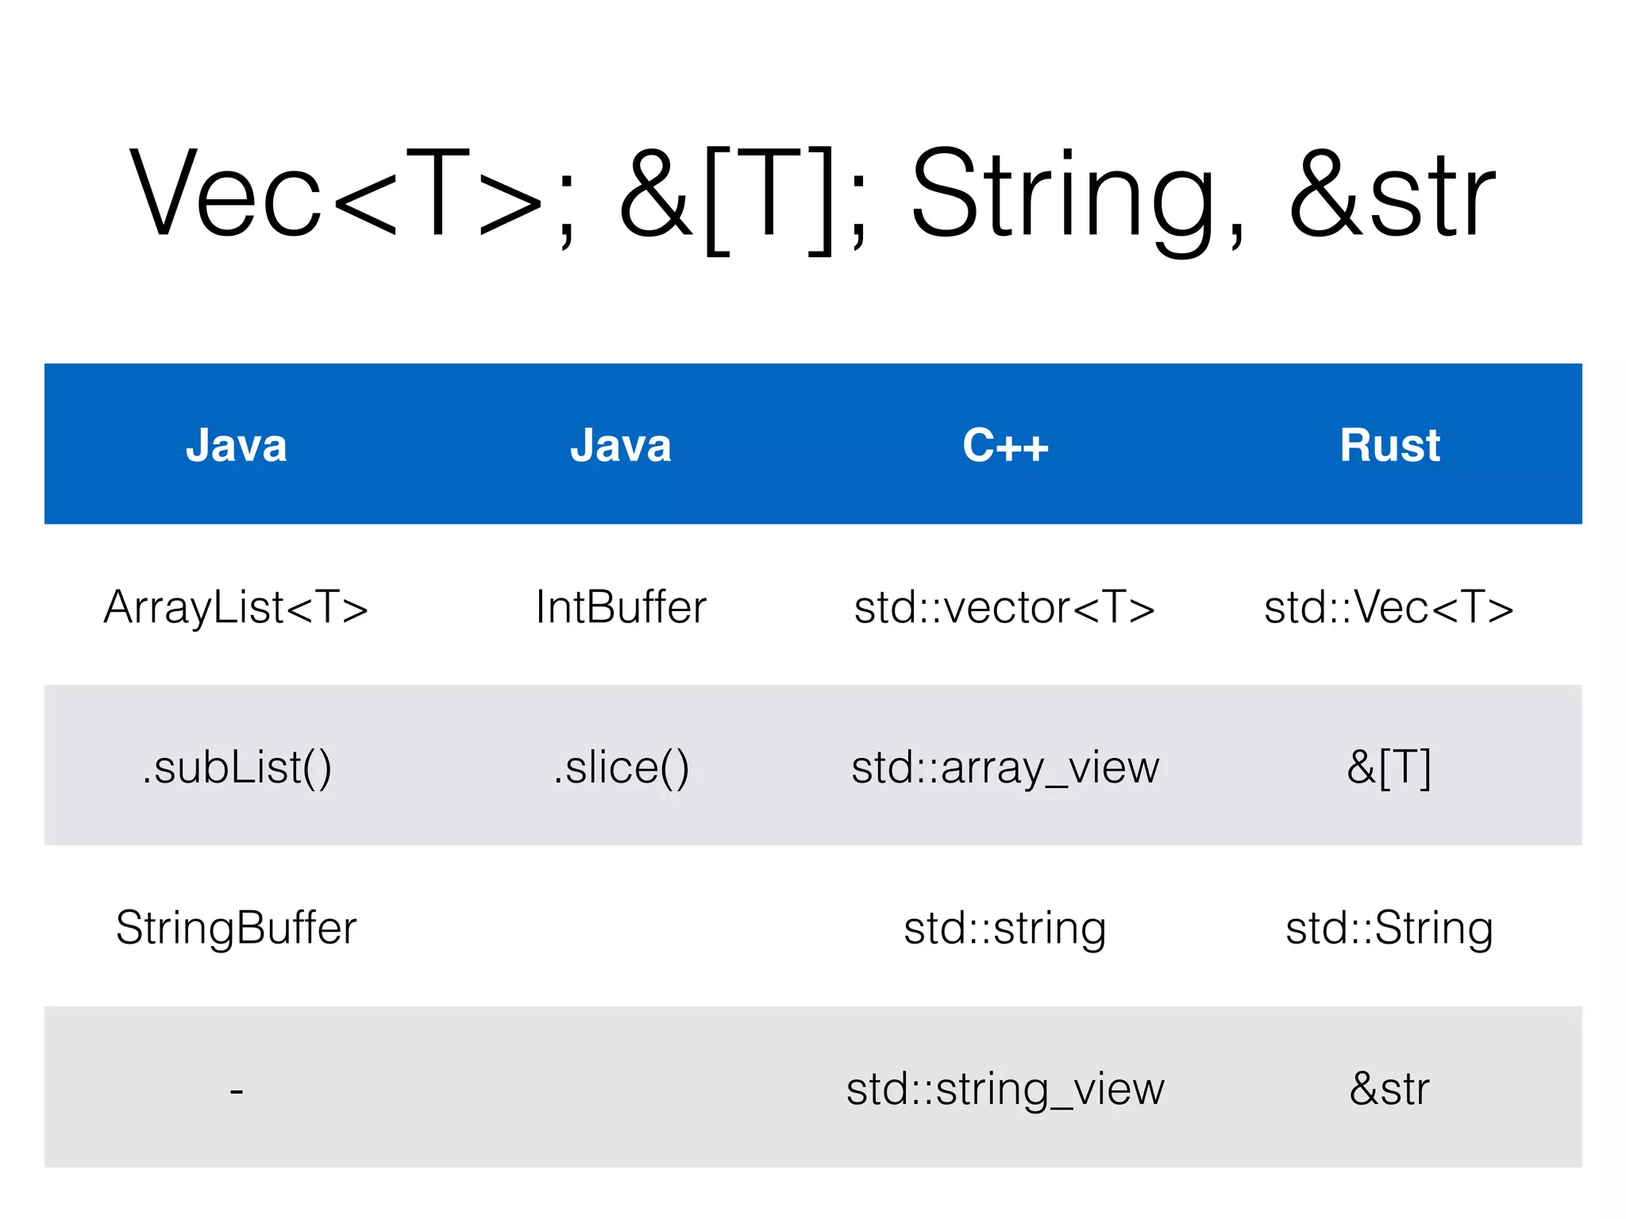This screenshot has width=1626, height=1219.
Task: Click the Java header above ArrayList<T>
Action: pos(237,445)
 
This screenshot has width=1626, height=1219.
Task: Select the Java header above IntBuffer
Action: pos(621,445)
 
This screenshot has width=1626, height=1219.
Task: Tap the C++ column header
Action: pos(1005,445)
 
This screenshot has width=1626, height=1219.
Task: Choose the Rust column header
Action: pos(1389,445)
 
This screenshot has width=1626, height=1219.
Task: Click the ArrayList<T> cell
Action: pos(237,607)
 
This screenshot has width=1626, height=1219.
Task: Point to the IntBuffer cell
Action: pos(621,607)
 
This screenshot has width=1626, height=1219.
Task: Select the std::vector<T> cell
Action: pos(1005,607)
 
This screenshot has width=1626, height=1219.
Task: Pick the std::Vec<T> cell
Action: pos(1389,607)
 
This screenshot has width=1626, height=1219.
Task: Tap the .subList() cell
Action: pos(237,767)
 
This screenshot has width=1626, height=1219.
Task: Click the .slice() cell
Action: pos(621,767)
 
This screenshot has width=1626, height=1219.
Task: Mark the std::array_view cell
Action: pos(1005,767)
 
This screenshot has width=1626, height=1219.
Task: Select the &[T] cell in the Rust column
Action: pos(1389,767)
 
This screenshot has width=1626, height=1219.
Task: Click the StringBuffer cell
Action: pos(237,928)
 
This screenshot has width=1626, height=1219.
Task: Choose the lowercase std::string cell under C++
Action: pos(1005,928)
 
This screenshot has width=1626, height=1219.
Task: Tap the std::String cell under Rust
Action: pos(1389,928)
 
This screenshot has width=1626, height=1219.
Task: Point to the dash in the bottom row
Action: pos(237,1090)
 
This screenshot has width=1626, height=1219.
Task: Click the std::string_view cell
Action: pos(1005,1088)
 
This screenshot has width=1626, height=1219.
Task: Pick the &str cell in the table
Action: pos(1389,1088)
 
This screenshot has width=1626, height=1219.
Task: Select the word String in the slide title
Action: pos(1064,194)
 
